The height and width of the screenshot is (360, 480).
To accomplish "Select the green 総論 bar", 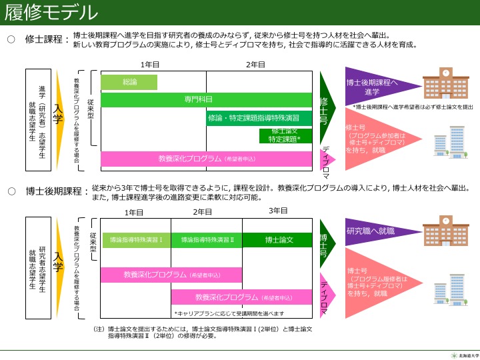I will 129,82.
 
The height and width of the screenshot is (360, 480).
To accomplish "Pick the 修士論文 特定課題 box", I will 285,135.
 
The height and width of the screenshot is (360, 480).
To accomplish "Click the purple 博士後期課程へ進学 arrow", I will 373,87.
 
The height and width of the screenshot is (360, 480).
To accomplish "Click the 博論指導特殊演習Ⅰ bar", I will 136,239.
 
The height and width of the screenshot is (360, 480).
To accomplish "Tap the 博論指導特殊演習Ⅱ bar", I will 207,239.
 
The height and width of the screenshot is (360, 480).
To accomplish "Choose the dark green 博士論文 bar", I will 278,239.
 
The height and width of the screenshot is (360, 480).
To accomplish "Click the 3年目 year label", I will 278,211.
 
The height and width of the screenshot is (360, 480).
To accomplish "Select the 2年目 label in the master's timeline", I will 255,65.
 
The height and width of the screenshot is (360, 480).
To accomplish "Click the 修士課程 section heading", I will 47,39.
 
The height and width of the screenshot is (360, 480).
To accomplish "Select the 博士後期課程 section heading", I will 56,192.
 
